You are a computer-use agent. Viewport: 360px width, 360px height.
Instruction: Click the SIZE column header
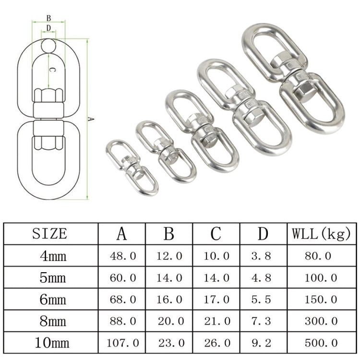click(50, 234)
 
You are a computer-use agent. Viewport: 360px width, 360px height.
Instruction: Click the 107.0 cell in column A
click(123, 343)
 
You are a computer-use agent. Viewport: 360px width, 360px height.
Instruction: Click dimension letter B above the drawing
click(48, 18)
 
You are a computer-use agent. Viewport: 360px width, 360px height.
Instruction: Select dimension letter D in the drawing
click(48, 28)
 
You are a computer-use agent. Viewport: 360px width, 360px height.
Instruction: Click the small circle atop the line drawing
click(48, 46)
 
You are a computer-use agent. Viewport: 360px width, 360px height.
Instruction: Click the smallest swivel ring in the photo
click(131, 168)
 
